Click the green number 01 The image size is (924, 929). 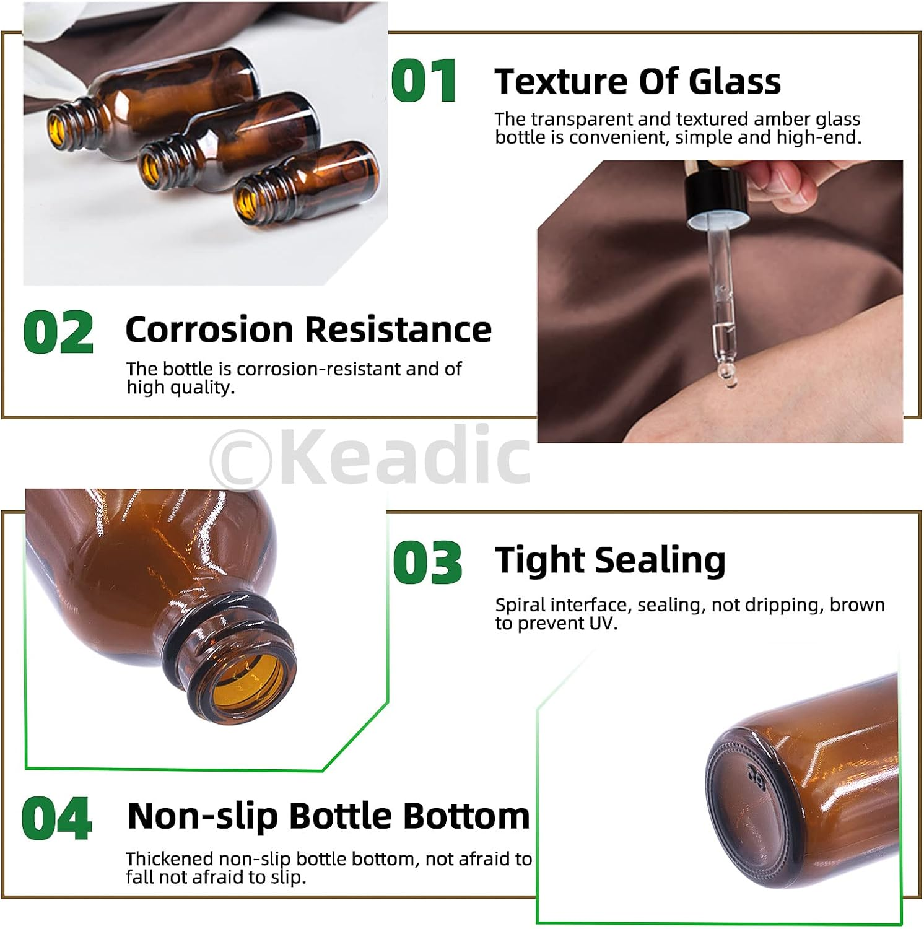(x=425, y=81)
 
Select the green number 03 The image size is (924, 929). (x=427, y=562)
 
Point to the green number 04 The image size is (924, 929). (x=56, y=818)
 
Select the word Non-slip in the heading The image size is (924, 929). (x=203, y=816)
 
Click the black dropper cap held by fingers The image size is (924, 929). (x=715, y=193)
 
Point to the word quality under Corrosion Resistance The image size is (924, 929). (x=198, y=387)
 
